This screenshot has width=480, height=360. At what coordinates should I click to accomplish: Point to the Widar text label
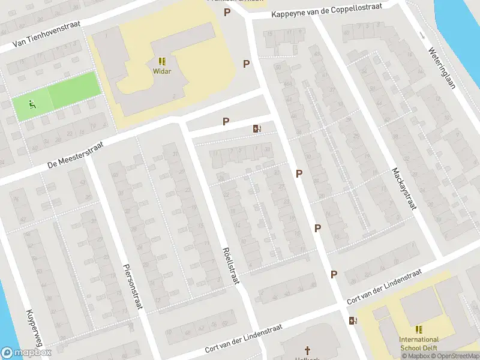pos(161,71)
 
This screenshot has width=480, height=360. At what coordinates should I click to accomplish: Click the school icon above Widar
pos(161,61)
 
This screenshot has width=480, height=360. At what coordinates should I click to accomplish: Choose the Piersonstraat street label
pos(133,286)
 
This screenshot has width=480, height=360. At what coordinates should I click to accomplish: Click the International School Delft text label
pos(419,344)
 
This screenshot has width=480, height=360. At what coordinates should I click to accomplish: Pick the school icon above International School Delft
pos(419,329)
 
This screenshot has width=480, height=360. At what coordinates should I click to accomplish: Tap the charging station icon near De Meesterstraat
pos(257,128)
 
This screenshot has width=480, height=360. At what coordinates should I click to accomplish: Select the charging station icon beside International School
pos(352,320)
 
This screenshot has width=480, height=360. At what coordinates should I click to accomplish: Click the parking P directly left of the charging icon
pos(226,121)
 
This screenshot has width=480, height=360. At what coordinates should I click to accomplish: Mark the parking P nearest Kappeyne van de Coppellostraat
pos(227,13)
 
